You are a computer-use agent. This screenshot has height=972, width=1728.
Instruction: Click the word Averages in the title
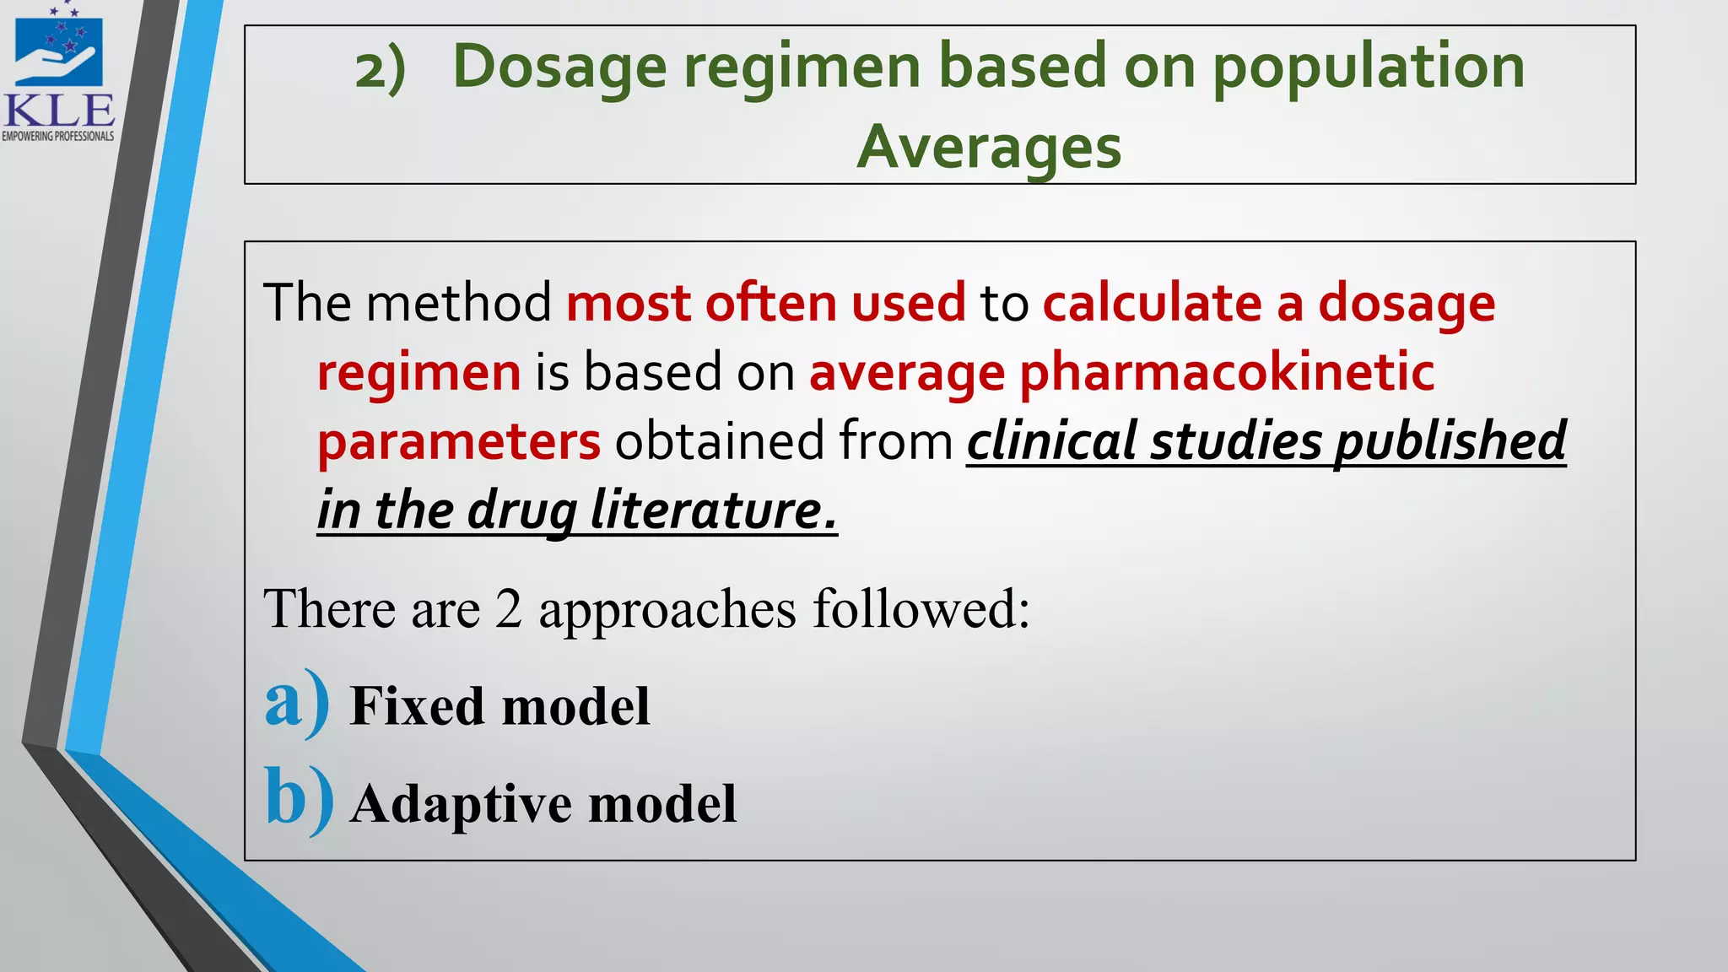[x=989, y=147]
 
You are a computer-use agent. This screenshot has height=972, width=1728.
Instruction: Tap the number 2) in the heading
[x=381, y=68]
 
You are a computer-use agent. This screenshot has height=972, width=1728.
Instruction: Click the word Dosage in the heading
[x=559, y=68]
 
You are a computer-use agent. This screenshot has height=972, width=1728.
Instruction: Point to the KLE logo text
[x=59, y=110]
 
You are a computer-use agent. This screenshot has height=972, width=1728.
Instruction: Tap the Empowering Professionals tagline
[x=58, y=136]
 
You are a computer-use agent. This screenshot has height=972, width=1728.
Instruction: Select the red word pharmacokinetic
[x=1227, y=372]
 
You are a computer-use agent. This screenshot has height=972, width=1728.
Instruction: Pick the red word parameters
[x=459, y=441]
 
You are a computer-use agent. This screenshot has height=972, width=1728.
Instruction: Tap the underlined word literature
[x=713, y=510]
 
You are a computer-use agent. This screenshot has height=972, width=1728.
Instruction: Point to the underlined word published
[x=1450, y=440]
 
